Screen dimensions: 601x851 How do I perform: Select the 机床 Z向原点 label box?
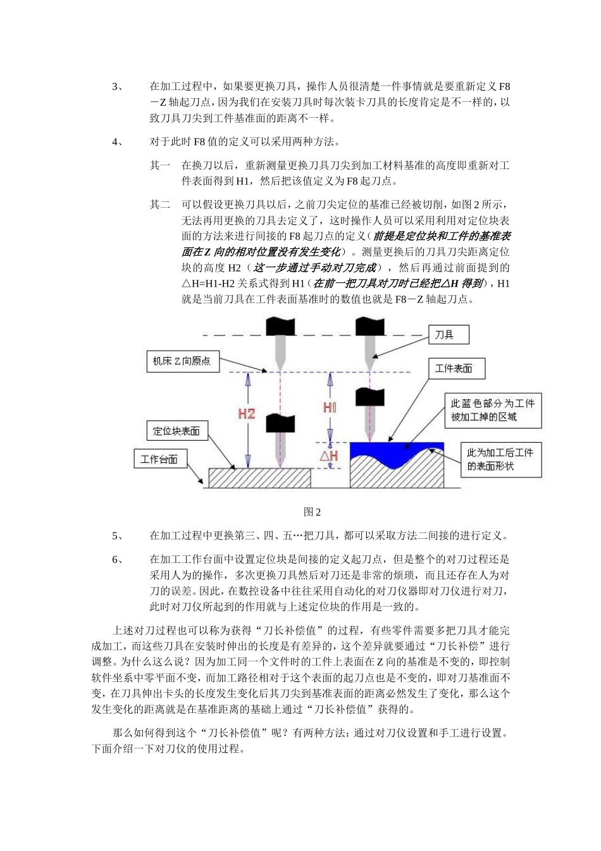pos(182,362)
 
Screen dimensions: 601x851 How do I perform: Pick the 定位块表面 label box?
pos(177,431)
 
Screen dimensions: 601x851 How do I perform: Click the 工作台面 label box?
pos(160,459)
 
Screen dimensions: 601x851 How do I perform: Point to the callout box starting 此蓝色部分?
pos(492,410)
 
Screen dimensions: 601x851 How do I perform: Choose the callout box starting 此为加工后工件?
pos(500,459)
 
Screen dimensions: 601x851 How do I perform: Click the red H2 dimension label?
pos(246,414)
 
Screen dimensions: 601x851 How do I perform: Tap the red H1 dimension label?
pos(330,407)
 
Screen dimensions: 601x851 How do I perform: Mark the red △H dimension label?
pos(328,456)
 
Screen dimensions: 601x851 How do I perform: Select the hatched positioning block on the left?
pos(259,478)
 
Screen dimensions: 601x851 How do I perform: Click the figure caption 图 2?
pos(313,512)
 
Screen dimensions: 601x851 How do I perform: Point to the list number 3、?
pos(118,87)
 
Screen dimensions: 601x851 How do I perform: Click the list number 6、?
pos(118,560)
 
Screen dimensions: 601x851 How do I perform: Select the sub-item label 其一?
pos(159,166)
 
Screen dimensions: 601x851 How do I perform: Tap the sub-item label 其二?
pos(159,205)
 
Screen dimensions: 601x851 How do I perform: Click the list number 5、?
pos(118,536)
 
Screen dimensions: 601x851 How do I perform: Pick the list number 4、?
pos(118,142)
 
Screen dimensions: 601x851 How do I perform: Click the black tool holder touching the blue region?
pos(369,397)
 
